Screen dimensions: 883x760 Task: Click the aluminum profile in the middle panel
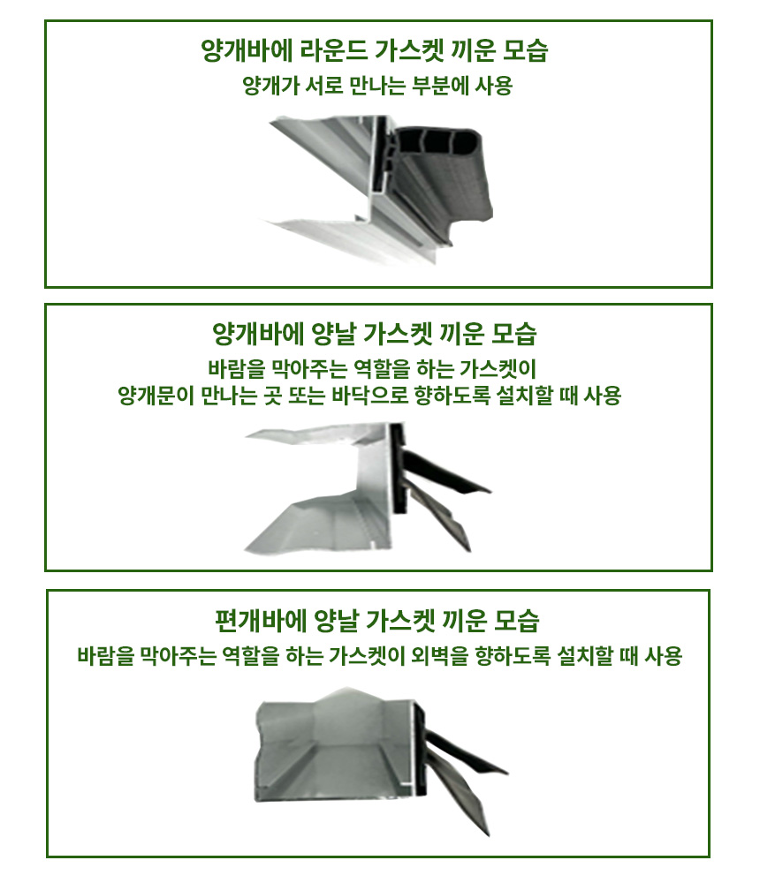336,512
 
